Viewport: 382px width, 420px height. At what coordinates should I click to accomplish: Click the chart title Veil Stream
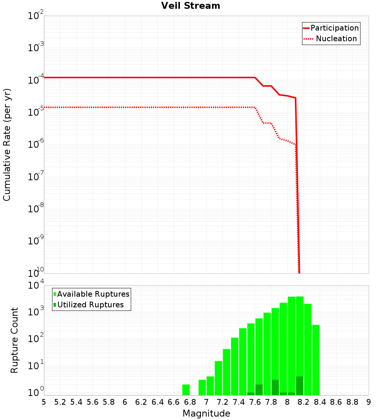(191, 6)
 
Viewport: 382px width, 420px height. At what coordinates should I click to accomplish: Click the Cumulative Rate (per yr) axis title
(7, 145)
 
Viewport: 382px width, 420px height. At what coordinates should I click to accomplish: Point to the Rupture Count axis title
(15, 340)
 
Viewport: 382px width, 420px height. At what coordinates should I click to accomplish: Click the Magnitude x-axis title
(206, 414)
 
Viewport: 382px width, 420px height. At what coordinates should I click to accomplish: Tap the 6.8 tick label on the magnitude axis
(189, 402)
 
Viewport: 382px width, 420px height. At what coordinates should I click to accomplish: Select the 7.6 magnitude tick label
(255, 402)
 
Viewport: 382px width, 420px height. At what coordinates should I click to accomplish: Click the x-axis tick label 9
(369, 402)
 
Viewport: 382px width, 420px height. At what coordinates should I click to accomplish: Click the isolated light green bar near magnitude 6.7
(186, 390)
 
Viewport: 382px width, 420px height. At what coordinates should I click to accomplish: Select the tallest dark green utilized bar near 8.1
(299, 386)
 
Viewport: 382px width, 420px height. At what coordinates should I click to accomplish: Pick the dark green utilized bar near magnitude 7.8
(275, 387)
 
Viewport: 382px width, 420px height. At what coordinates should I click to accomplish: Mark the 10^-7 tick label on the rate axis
(34, 176)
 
